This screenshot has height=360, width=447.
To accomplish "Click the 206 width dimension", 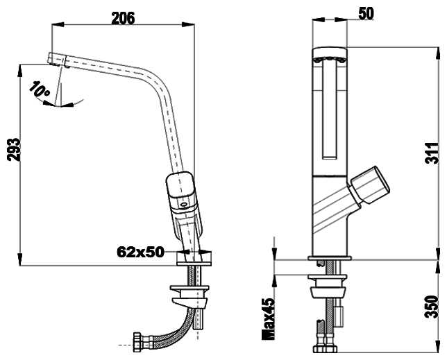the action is [123, 18].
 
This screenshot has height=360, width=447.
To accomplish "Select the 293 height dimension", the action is [14, 150].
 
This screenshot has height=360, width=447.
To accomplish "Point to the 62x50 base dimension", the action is [140, 252].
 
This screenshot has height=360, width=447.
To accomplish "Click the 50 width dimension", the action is [366, 13].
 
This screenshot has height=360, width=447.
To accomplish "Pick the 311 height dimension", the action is [432, 153].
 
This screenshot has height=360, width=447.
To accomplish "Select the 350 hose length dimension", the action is [432, 307].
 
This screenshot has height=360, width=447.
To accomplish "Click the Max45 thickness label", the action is [268, 318].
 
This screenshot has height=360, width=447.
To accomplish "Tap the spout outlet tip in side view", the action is [58, 59].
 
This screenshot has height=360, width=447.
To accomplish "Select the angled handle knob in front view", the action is [370, 185].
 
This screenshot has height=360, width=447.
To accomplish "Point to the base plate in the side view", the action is [194, 259].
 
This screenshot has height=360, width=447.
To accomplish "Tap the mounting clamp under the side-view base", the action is [189, 297].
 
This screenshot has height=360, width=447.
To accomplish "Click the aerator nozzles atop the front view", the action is [330, 59].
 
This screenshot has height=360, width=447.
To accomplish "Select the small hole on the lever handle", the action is [184, 204].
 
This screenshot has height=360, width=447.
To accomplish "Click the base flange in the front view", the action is [330, 258].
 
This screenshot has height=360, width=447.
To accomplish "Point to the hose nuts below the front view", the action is [326, 349].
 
